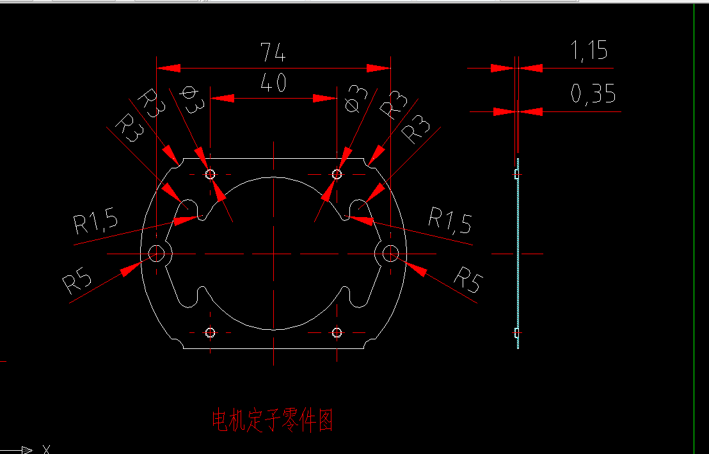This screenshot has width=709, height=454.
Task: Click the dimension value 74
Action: pyautogui.click(x=273, y=53)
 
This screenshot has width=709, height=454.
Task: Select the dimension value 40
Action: pyautogui.click(x=273, y=83)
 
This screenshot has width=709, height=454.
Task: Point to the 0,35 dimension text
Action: pyautogui.click(x=593, y=95)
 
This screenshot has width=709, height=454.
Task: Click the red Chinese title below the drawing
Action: pyautogui.click(x=273, y=421)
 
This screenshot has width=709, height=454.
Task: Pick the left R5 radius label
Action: pyautogui.click(x=77, y=281)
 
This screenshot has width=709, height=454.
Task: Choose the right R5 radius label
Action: pyautogui.click(x=466, y=279)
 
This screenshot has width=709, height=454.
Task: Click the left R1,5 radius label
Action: pyautogui.click(x=96, y=222)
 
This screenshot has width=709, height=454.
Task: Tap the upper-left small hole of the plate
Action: pyautogui.click(x=210, y=174)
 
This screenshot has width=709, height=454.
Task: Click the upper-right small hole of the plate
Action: pyautogui.click(x=337, y=174)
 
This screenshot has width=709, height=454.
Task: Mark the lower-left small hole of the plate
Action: pyautogui.click(x=210, y=332)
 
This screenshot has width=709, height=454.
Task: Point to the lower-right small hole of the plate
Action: pyautogui.click(x=337, y=332)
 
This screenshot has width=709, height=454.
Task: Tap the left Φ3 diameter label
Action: pyautogui.click(x=190, y=100)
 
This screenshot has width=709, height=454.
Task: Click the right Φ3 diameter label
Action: pyautogui.click(x=356, y=100)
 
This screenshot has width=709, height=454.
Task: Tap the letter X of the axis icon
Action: pyautogui.click(x=45, y=449)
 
